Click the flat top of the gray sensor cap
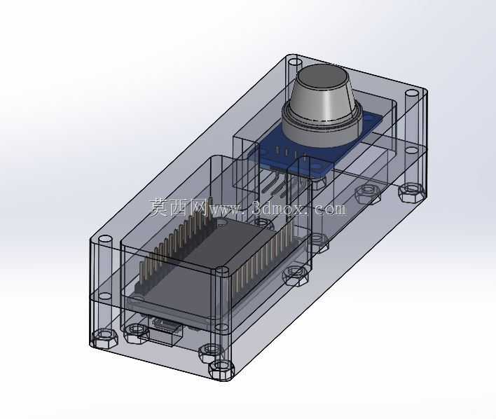pyautogui.click(x=322, y=76)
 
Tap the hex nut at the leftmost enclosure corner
pyautogui.click(x=104, y=338)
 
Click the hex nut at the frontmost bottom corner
pyautogui.click(x=221, y=369)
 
